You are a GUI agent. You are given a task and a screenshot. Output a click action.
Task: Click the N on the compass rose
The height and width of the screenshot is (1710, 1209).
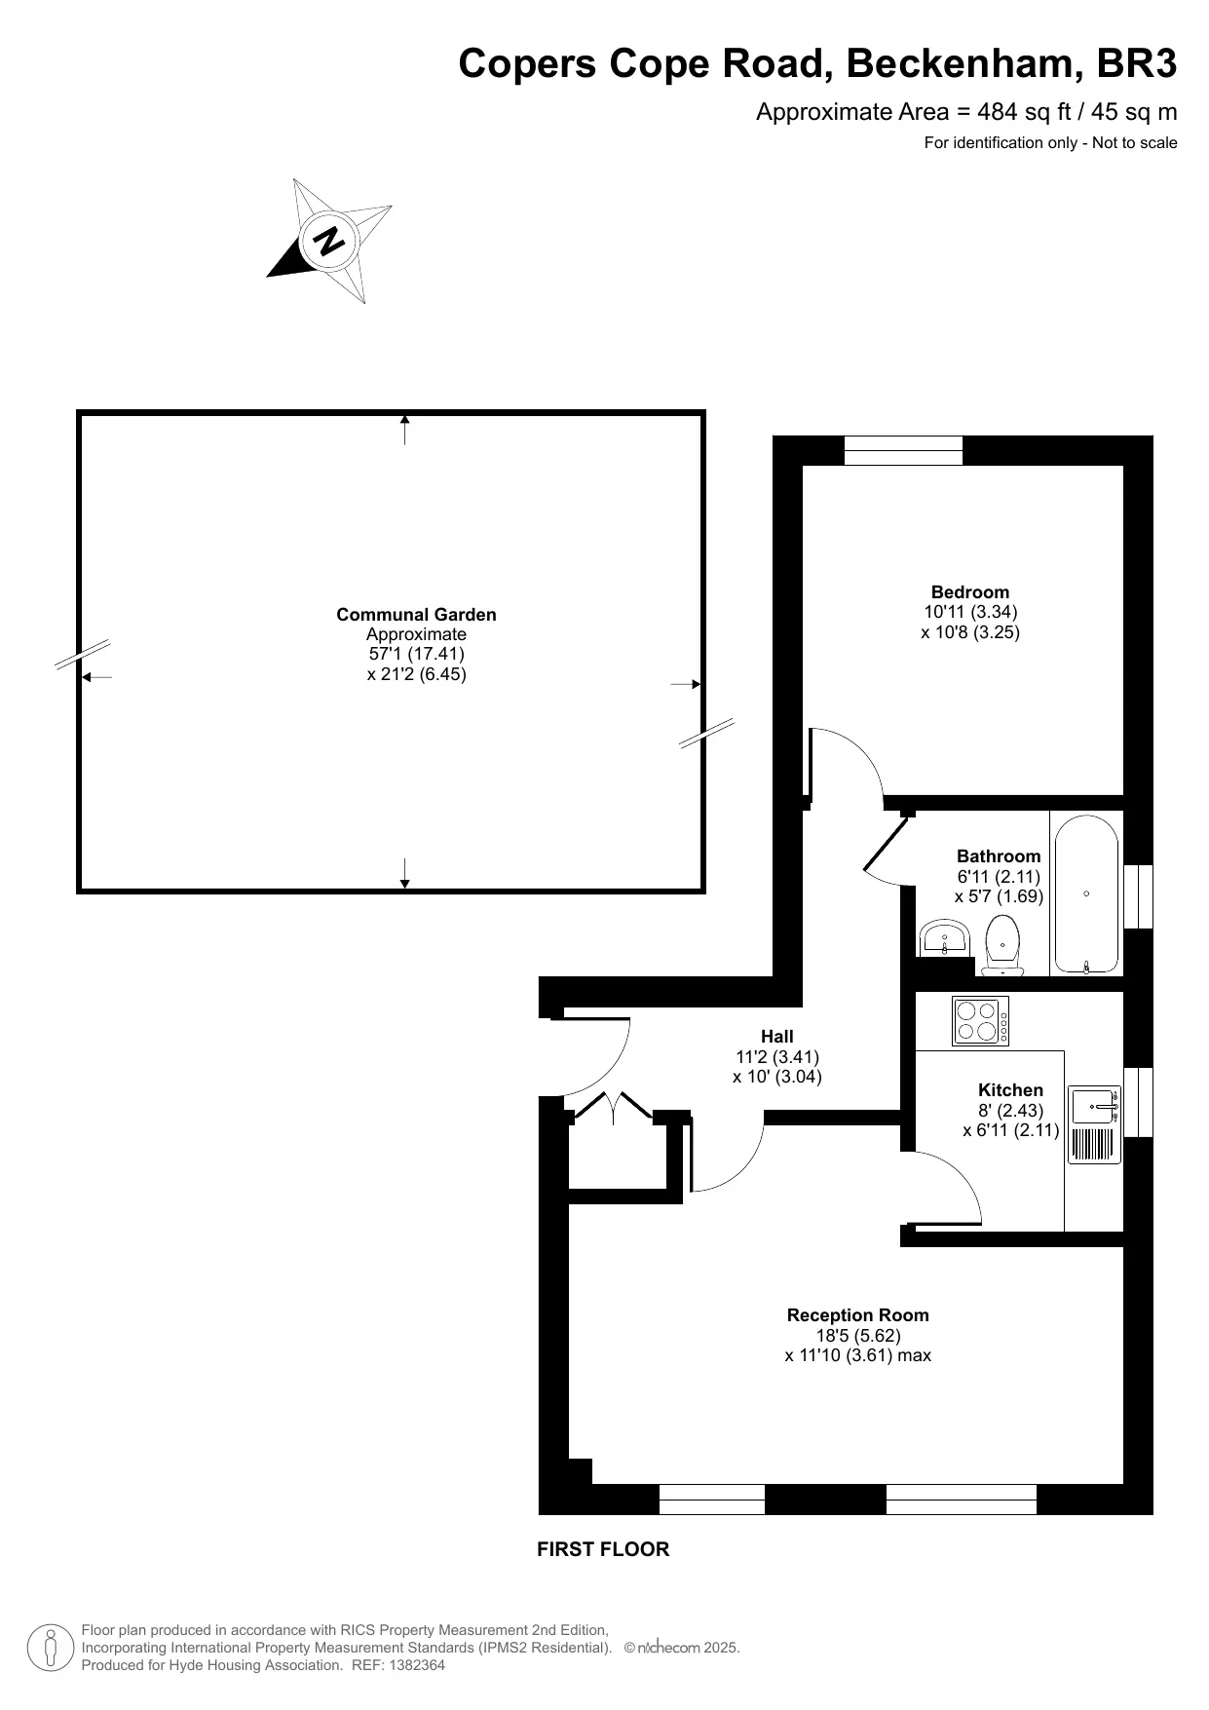pos(331,240)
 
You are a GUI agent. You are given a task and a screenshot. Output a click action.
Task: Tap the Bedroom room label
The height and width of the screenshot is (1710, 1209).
pos(970,592)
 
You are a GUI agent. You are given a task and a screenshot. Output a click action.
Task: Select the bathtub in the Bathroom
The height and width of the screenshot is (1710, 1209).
pos(1086,894)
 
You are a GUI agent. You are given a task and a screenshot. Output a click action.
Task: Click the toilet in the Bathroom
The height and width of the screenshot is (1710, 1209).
pos(1002,944)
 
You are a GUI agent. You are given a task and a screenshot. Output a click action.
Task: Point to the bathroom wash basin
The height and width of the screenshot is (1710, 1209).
pos(943,939)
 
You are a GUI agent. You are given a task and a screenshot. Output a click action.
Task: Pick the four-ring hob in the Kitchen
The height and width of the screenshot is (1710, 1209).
pos(980,1021)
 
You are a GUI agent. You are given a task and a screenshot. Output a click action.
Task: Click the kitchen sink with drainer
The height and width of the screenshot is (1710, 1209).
pos(1095,1124)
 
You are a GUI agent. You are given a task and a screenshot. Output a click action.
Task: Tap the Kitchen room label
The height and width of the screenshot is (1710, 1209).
pos(1010,1090)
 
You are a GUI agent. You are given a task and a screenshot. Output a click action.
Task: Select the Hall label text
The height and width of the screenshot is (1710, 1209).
pos(777,1037)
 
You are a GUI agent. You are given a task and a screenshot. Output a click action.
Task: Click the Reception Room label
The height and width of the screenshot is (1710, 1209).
pos(858,1315)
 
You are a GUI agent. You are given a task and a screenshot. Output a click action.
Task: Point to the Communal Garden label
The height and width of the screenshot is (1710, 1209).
pos(416,615)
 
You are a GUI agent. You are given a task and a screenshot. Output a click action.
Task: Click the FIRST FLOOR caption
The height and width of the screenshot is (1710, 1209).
pos(603,1549)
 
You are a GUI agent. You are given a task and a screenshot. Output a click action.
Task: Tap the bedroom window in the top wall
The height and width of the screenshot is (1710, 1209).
pos(903,450)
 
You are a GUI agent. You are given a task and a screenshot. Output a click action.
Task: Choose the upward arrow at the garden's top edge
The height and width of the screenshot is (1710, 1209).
pos(405,430)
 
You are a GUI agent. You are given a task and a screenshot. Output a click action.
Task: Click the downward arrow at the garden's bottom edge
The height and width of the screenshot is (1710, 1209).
pos(405,873)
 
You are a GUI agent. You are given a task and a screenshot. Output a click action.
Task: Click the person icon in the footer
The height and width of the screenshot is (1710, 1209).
pos(50,1648)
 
